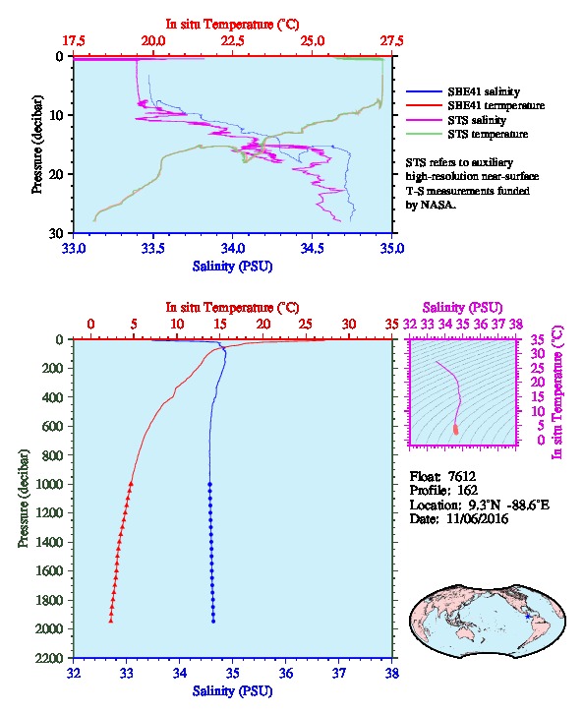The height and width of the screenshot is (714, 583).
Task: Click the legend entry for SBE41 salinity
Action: (484, 91)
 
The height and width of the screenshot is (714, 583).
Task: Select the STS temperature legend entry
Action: (488, 134)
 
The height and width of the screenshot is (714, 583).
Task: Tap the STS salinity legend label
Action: (477, 120)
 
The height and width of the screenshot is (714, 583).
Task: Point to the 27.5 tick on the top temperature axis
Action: (392, 41)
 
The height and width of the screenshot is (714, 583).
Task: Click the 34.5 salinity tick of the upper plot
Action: (313, 248)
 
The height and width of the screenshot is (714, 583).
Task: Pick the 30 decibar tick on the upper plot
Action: (56, 233)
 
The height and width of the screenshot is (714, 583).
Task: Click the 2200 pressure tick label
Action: (50, 658)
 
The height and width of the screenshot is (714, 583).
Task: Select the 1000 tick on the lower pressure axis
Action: (50, 484)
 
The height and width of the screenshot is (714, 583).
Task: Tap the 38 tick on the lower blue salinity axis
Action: (392, 673)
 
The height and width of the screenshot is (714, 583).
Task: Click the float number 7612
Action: (462, 476)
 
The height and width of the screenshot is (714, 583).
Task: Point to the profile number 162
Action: (467, 490)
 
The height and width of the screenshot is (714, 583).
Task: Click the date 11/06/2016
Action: (478, 518)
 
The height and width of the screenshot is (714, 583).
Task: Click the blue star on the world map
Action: (528, 617)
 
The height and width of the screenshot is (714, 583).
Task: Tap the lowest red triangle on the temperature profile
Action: (110, 621)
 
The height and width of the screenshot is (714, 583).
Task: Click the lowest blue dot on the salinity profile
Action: (213, 622)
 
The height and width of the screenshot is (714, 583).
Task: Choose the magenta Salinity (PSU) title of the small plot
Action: (462, 308)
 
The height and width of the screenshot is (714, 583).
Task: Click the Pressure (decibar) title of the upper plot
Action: (37, 145)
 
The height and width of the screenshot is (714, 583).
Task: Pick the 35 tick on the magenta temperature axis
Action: (538, 339)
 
